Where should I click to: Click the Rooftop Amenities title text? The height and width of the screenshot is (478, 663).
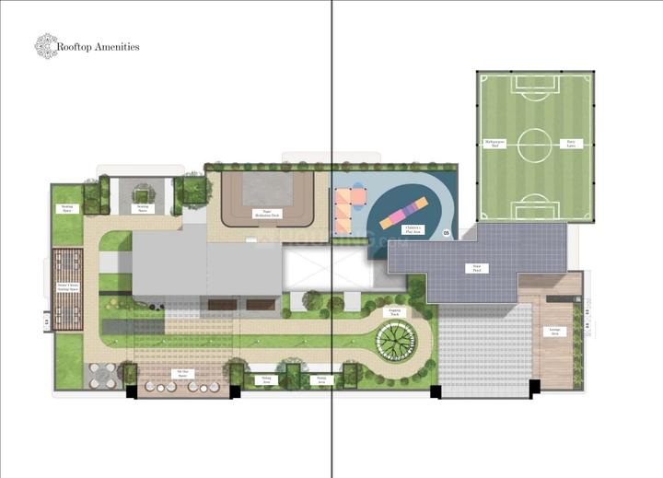[x=98, y=46]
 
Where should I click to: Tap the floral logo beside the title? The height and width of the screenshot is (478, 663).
[x=45, y=46]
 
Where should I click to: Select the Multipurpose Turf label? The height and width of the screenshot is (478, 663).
[x=495, y=143]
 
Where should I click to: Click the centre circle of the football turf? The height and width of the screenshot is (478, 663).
[x=533, y=145]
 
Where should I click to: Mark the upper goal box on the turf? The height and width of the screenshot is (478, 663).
[x=533, y=84]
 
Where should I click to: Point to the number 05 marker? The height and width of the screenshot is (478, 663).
[x=447, y=234]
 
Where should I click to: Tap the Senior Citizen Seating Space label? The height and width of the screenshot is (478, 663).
[x=68, y=287]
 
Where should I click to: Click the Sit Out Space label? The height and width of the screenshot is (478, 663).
[x=181, y=373]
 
